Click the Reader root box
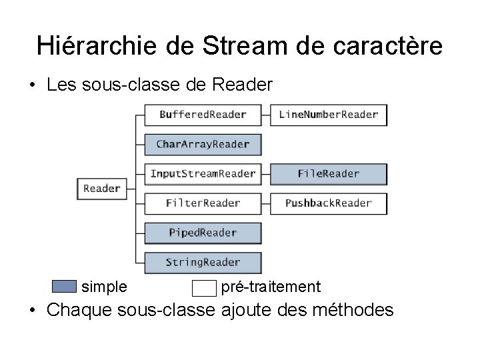point(102,189)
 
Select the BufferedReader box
point(203,115)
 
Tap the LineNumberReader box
point(328,115)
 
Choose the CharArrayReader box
point(203,144)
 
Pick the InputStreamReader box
point(203,173)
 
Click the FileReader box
point(328,173)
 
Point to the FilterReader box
point(203,203)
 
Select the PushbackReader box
point(328,203)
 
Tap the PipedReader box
point(203,233)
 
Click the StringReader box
point(203,262)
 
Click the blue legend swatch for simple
point(64,287)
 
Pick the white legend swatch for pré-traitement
point(204,288)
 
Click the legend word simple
point(104,287)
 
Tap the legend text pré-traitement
point(271,287)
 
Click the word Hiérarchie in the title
point(97,45)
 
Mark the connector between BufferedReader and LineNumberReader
point(265,115)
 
